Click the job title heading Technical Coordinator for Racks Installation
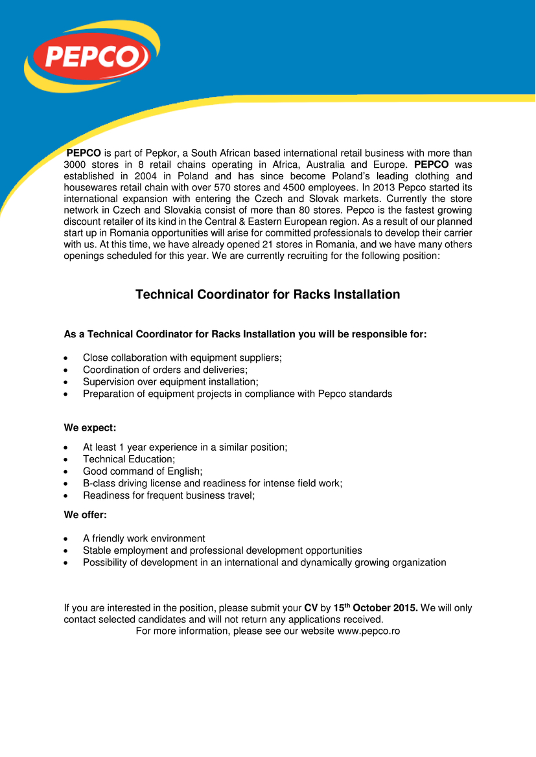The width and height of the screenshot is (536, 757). (x=268, y=295)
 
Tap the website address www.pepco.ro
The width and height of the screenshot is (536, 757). (x=368, y=631)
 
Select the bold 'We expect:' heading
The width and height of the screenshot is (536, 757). (x=89, y=428)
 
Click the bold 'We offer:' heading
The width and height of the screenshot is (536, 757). (x=86, y=515)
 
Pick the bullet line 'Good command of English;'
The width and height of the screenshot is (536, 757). (x=143, y=471)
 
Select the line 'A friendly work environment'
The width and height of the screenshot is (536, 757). (x=144, y=539)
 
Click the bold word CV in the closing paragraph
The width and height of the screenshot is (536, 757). (x=311, y=609)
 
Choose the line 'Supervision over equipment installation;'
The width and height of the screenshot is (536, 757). (x=170, y=382)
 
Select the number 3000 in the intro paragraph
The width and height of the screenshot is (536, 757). (x=77, y=165)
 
